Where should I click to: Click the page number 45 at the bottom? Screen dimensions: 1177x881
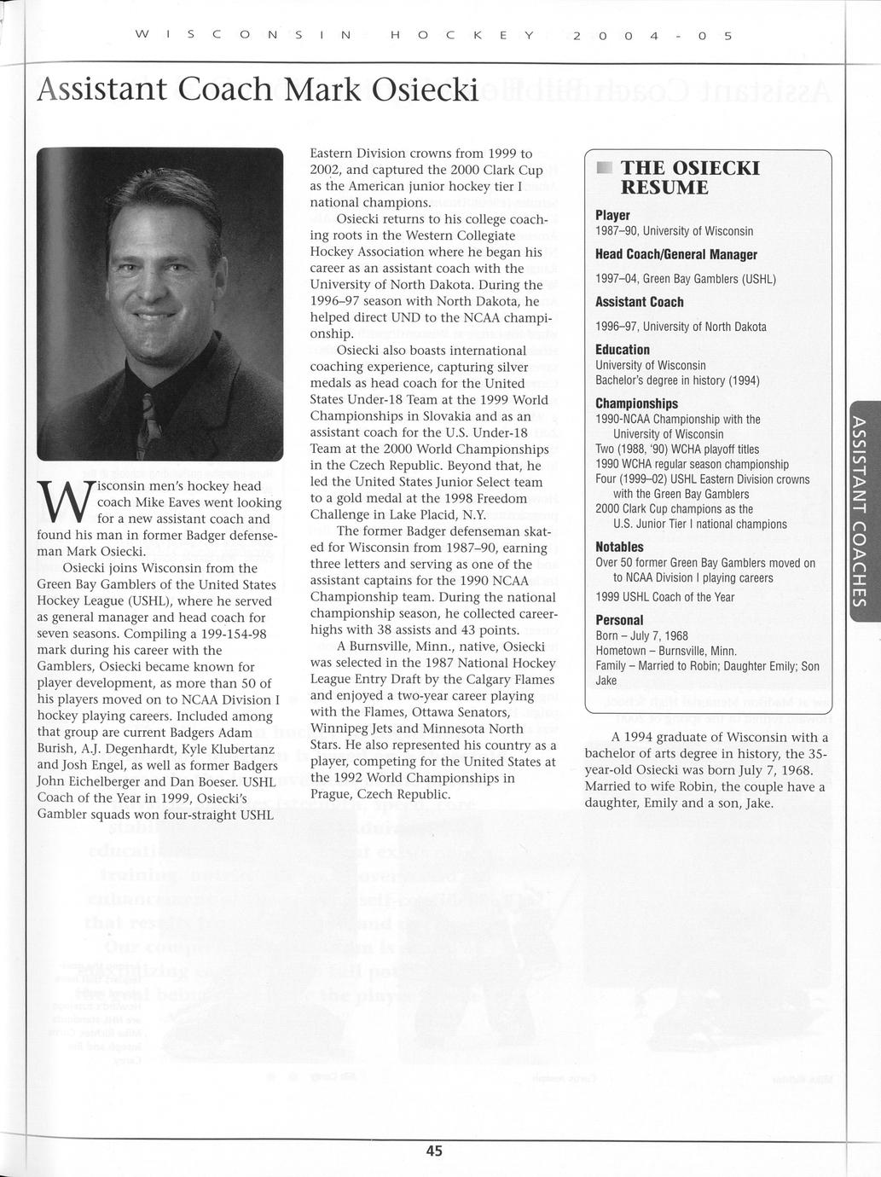point(434,1151)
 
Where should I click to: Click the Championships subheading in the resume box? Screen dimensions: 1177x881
point(636,403)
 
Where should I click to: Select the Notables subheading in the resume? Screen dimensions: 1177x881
point(619,547)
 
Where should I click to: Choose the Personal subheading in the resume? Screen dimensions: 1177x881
point(619,620)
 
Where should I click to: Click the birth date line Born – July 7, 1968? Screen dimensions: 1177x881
point(641,635)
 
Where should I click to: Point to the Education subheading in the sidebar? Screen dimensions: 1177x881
point(623,350)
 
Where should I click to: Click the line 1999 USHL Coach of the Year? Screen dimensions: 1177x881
point(664,597)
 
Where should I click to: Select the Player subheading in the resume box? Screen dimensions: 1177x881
point(612,215)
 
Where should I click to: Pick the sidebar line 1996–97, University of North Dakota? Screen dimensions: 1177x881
point(681,327)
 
